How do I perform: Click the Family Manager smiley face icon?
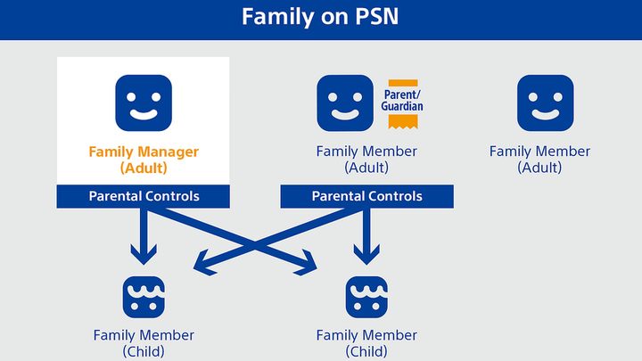tap(143, 103)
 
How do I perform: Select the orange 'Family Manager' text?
tap(143, 152)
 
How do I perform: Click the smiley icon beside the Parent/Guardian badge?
tap(345, 103)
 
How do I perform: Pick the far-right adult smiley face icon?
tap(545, 103)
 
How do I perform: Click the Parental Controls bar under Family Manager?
tap(143, 196)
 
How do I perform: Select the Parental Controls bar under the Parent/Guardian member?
tap(366, 196)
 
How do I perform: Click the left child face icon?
tap(143, 297)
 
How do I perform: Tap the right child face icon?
tap(366, 297)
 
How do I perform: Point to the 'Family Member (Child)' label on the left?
tap(143, 343)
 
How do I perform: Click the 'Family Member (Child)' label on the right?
tap(366, 343)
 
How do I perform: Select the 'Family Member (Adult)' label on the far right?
tap(539, 160)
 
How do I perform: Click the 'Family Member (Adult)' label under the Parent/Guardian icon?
tap(366, 160)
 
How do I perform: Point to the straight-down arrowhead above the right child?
tap(366, 257)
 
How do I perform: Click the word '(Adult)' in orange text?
tap(143, 168)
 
